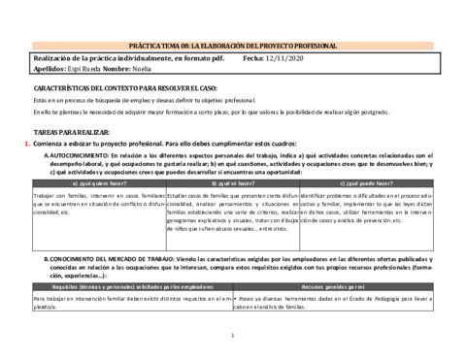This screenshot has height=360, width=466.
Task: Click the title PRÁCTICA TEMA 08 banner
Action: click(x=232, y=46)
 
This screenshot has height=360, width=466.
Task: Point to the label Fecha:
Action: click(x=250, y=58)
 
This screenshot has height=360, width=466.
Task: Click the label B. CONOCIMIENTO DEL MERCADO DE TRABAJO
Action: click(x=107, y=260)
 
